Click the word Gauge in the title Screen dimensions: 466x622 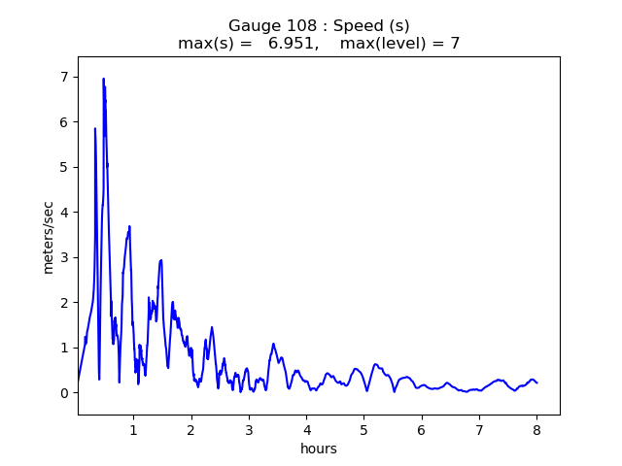(253, 26)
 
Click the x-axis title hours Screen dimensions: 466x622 (319, 449)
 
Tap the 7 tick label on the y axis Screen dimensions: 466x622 (64, 77)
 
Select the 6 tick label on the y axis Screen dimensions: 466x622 (64, 122)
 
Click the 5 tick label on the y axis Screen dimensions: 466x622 (64, 167)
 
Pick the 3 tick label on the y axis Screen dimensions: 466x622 (64, 257)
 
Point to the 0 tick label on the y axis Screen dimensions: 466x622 (64, 393)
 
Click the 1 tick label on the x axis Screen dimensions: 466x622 (133, 430)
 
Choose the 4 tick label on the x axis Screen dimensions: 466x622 (306, 430)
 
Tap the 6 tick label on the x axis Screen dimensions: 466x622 (422, 430)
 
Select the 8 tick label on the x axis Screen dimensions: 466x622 (536, 430)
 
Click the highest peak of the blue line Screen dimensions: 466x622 (103, 80)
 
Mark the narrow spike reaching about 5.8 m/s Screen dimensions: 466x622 (95, 129)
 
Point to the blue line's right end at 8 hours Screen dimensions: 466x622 (536, 383)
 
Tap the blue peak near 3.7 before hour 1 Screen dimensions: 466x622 (129, 227)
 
